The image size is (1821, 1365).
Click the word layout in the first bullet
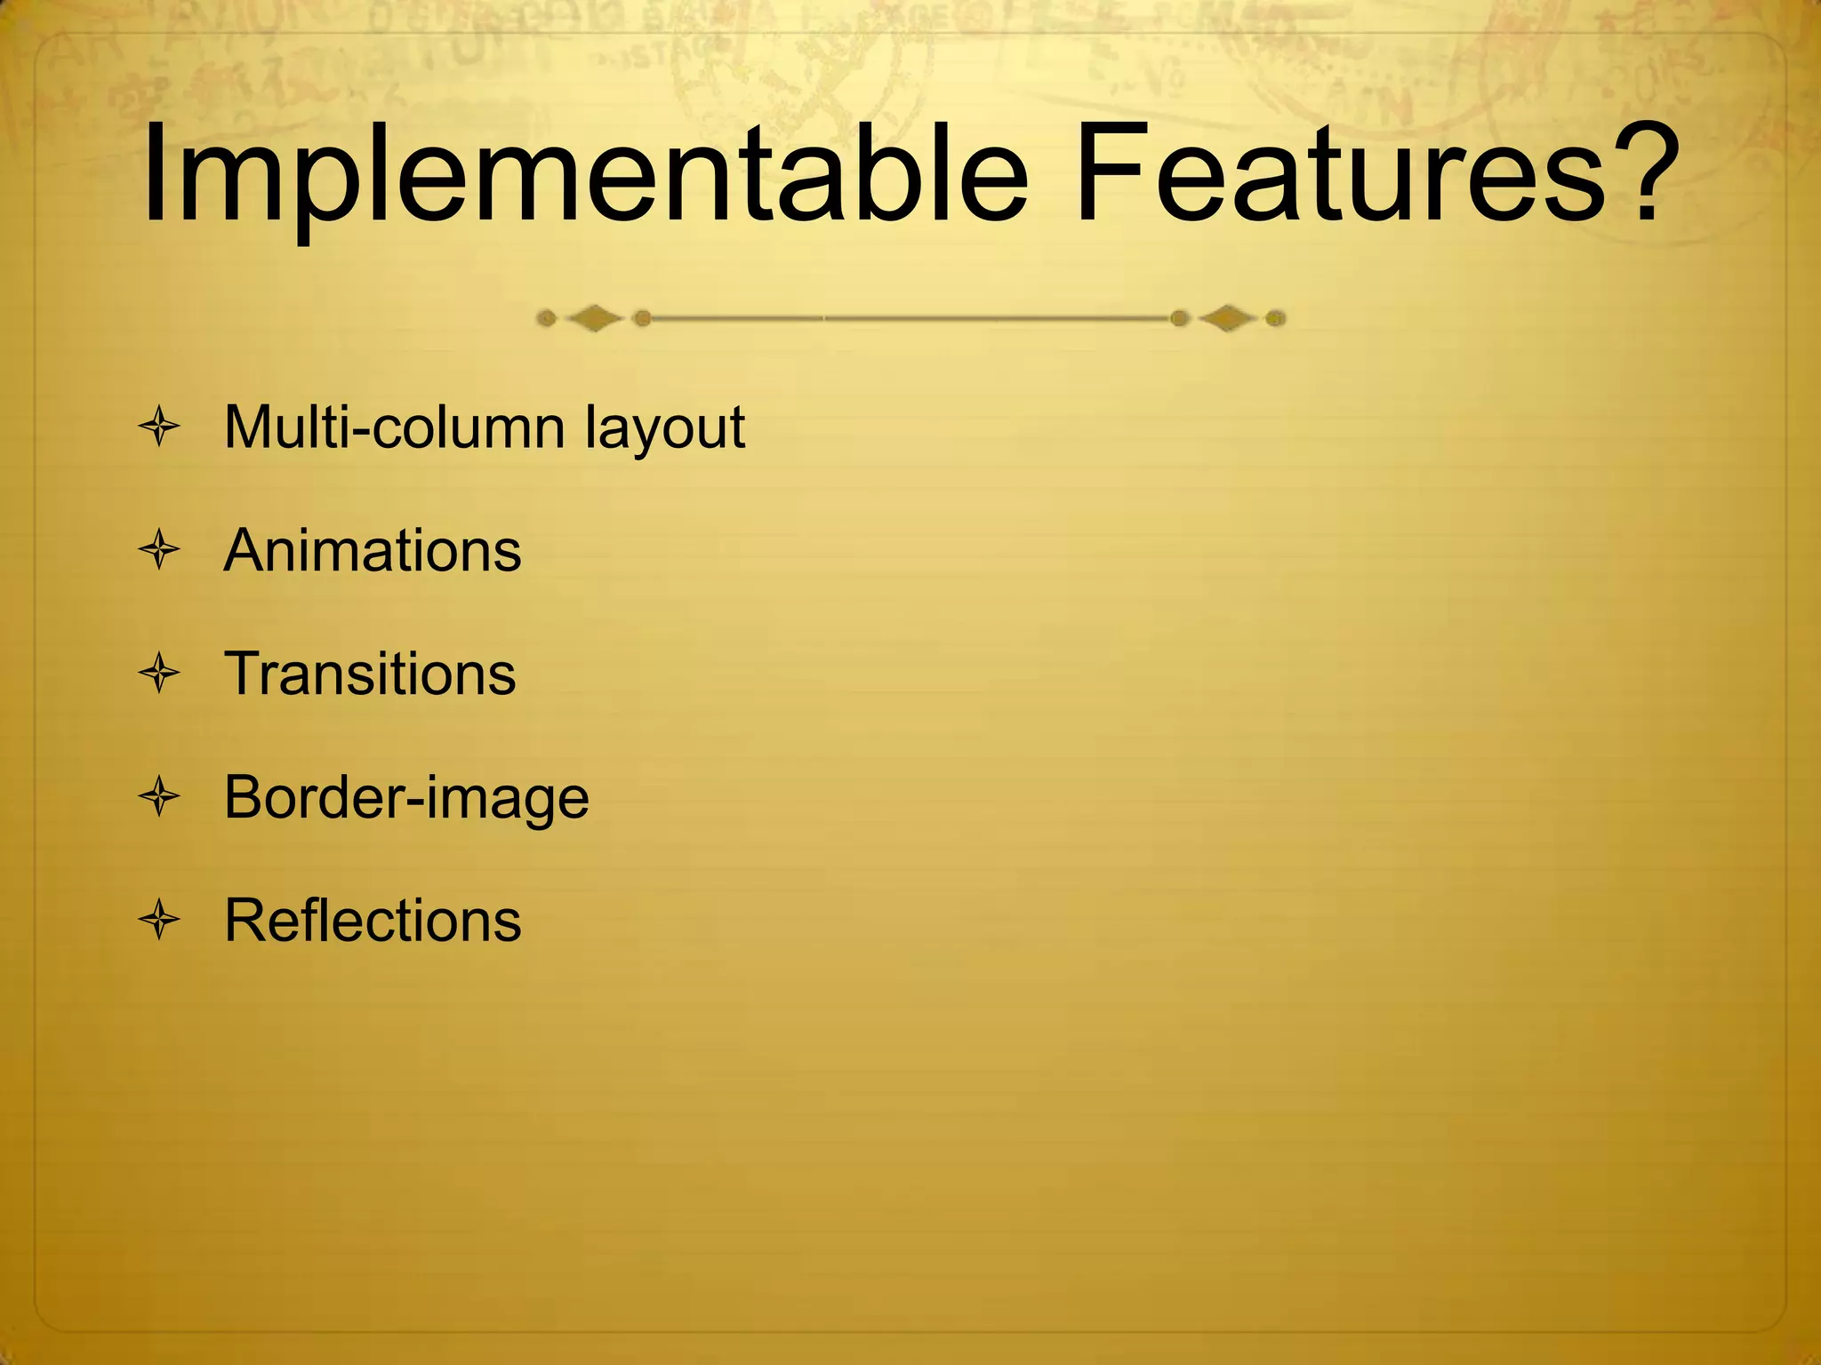point(665,432)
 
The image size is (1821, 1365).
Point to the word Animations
point(373,551)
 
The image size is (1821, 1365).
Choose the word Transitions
point(370,674)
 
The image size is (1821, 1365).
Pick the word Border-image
point(406,798)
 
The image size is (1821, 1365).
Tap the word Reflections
point(373,920)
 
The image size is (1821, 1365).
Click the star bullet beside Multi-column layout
point(160,428)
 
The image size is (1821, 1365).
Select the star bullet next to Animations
point(160,551)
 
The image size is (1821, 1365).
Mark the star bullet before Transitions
point(160,674)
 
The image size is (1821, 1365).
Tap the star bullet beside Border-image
point(160,797)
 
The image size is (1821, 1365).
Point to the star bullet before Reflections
point(160,920)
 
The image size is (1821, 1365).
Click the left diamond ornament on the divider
point(594,318)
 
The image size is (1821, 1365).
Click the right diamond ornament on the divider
point(1228,318)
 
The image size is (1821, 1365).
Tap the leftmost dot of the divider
point(548,318)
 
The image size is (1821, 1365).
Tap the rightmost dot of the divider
point(1275,318)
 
